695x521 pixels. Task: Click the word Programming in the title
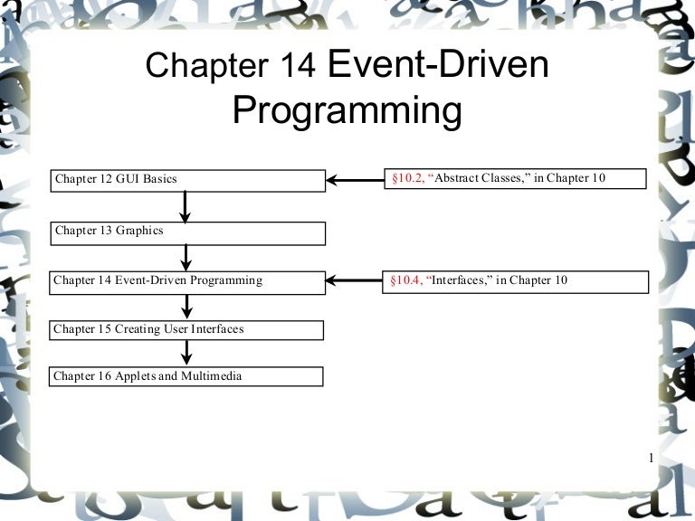tap(347, 110)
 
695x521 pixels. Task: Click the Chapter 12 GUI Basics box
tap(186, 180)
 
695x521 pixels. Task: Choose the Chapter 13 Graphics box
tap(186, 232)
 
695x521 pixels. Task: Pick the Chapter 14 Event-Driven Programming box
tap(186, 281)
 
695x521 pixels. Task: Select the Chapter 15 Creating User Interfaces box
tap(186, 329)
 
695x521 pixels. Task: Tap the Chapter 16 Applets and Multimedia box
tap(186, 376)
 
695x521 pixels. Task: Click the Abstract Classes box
tap(516, 178)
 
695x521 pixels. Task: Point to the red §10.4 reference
tap(407, 280)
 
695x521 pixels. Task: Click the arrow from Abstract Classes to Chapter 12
tap(355, 179)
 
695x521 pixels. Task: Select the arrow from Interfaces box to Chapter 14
tap(355, 281)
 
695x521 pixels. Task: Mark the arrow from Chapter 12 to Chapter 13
tap(186, 207)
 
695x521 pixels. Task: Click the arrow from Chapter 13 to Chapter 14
tap(186, 257)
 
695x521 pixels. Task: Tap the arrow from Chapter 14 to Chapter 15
tap(186, 306)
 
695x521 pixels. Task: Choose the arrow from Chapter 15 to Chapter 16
tap(186, 353)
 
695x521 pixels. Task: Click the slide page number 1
tap(651, 459)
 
